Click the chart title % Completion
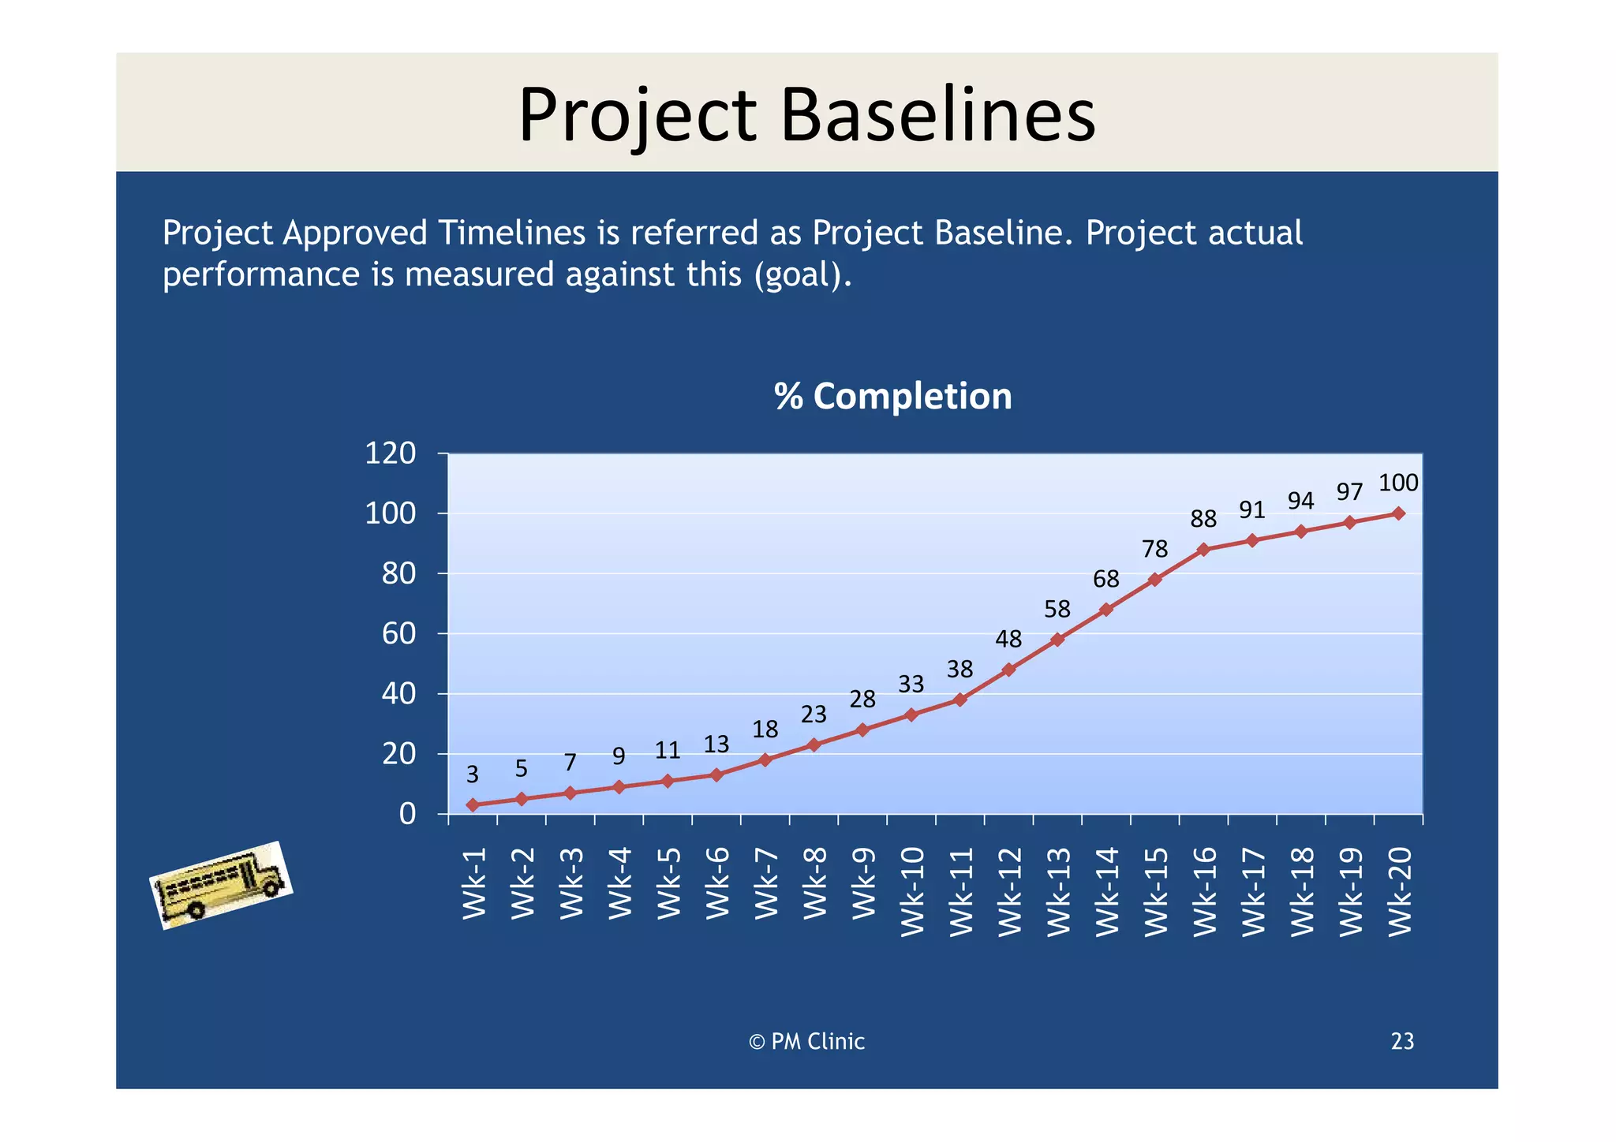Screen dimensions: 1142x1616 tap(892, 396)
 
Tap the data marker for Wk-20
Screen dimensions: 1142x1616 tap(1398, 513)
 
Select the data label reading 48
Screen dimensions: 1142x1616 tap(1008, 639)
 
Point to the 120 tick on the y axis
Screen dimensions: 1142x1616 tap(390, 453)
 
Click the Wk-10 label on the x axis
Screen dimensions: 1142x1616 tap(912, 892)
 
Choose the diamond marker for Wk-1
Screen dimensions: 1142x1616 tap(473, 804)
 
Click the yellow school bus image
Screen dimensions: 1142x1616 tap(221, 886)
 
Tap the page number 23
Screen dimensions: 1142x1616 tap(1402, 1042)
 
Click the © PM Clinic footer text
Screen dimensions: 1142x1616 tap(806, 1042)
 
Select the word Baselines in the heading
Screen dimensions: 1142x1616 tap(938, 116)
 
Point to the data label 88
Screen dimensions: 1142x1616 tap(1203, 519)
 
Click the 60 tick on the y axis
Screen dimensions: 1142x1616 tap(398, 634)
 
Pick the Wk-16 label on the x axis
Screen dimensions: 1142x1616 tap(1205, 892)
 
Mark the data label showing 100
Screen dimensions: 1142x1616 tap(1398, 483)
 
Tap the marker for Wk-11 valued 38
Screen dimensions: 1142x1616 tap(960, 700)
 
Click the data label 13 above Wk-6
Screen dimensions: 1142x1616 tap(716, 745)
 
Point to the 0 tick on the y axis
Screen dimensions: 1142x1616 tap(407, 814)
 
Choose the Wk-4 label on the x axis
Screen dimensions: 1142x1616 tap(620, 883)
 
